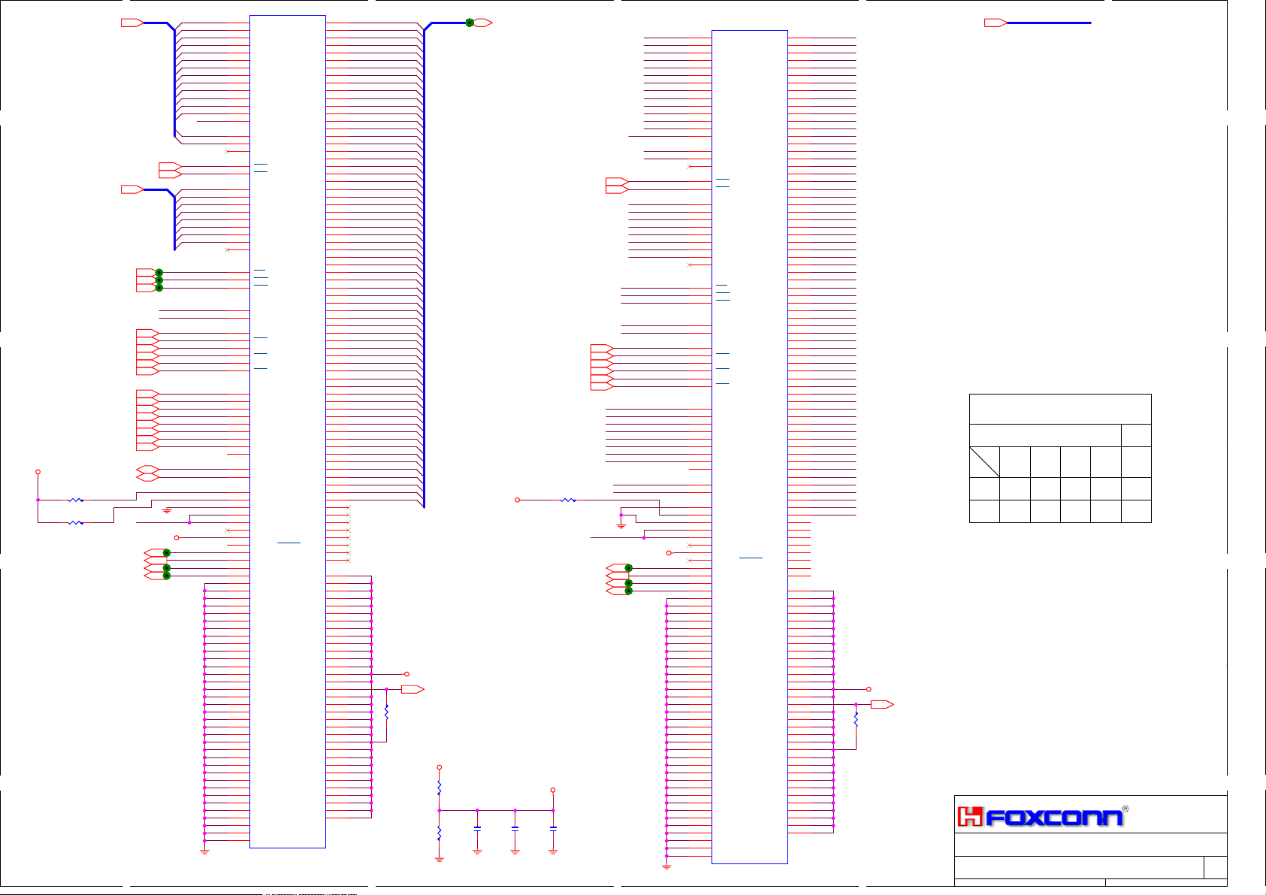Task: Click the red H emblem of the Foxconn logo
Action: click(x=970, y=817)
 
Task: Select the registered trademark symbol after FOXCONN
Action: click(x=1125, y=809)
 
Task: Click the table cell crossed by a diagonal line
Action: click(x=984, y=462)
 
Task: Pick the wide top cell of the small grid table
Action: click(x=1059, y=409)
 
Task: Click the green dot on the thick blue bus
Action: click(x=470, y=23)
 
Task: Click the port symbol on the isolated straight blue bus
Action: click(x=996, y=23)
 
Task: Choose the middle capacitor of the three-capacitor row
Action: click(x=515, y=827)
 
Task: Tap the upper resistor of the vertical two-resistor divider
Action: click(x=440, y=788)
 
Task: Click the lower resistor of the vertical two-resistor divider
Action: click(x=440, y=833)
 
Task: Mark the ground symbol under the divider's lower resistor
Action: click(x=440, y=858)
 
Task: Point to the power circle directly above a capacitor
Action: click(x=553, y=790)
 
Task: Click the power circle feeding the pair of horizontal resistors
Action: click(x=38, y=472)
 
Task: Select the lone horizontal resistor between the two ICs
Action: click(x=569, y=500)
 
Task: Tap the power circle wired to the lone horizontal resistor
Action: click(x=517, y=500)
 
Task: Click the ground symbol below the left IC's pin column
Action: click(x=204, y=851)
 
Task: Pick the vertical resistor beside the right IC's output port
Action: click(x=856, y=719)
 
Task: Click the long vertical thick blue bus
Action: click(x=424, y=263)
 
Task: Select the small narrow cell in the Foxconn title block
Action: click(x=1215, y=866)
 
